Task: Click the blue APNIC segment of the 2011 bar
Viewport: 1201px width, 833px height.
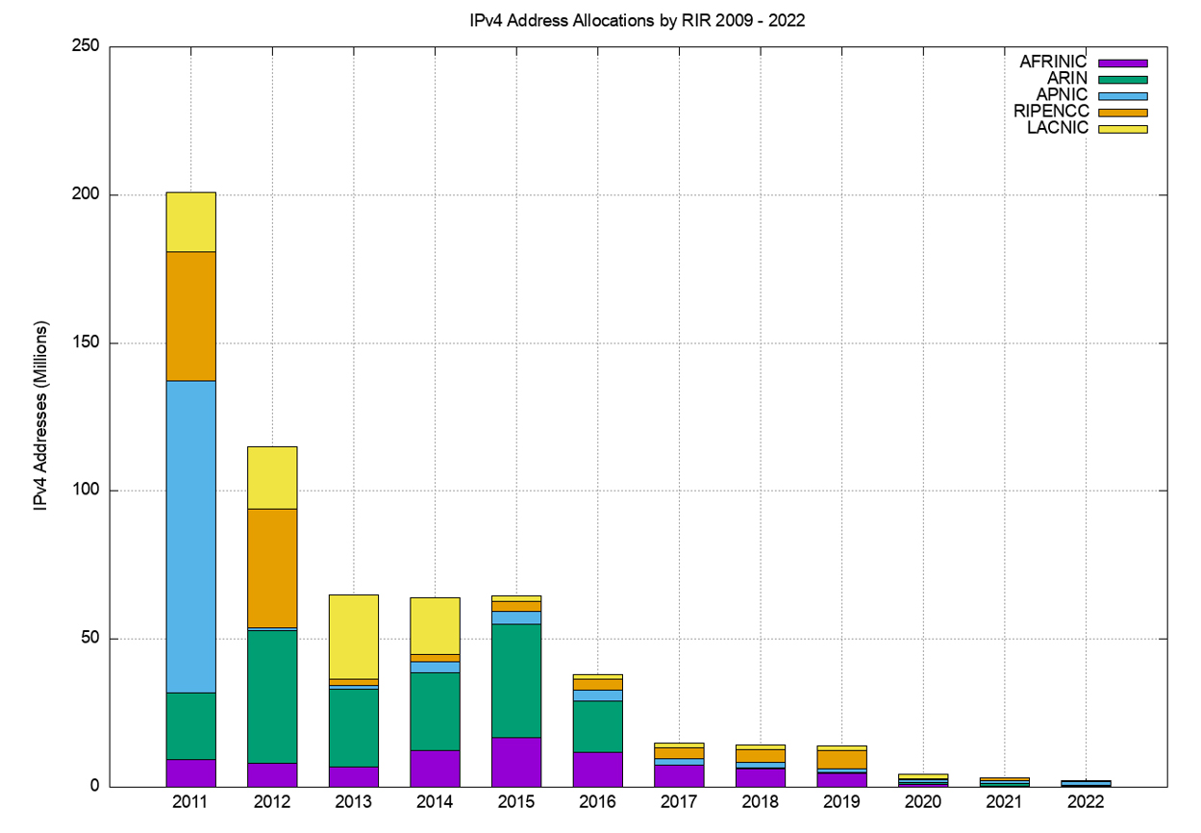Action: (x=190, y=536)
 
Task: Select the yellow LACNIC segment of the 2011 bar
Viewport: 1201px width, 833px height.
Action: (x=190, y=221)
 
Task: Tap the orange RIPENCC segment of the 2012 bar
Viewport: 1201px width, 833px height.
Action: (x=272, y=568)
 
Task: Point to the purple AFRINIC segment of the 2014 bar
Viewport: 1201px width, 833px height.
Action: (x=435, y=768)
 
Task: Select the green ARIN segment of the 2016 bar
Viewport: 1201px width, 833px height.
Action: (x=598, y=726)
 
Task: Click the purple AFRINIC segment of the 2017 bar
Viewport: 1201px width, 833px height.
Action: (x=680, y=775)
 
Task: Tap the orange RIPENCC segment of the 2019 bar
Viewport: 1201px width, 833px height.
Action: (x=842, y=760)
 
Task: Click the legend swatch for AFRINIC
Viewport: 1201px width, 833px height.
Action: (x=1124, y=63)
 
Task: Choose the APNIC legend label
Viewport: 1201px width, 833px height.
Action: (x=1062, y=95)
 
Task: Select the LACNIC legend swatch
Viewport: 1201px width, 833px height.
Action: (x=1124, y=129)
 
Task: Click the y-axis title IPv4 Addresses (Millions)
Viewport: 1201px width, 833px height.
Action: (x=41, y=416)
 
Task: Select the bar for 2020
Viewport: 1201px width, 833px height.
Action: (x=924, y=780)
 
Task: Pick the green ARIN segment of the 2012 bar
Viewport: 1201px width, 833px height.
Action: (x=272, y=695)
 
